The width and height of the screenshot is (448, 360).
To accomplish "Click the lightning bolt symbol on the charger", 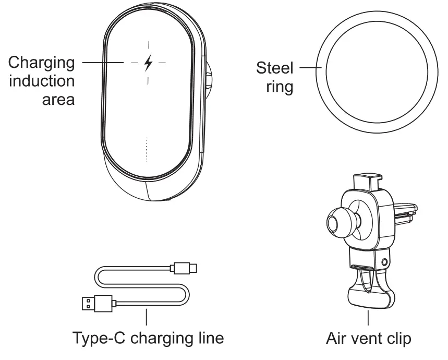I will [x=149, y=63].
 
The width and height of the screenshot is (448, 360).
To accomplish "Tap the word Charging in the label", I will [x=41, y=63].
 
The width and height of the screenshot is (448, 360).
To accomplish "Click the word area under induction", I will [x=57, y=99].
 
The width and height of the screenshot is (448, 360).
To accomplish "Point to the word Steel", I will [x=275, y=68].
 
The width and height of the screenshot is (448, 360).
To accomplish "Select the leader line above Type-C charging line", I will [x=147, y=318].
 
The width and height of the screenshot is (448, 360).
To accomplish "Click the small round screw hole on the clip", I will [x=385, y=260].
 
